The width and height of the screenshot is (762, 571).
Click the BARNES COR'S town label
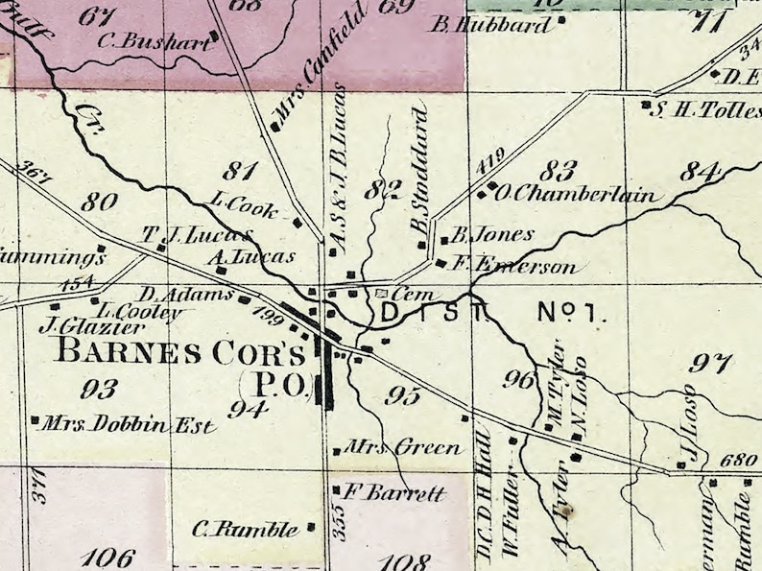(x=181, y=351)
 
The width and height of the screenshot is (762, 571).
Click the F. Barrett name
(x=394, y=494)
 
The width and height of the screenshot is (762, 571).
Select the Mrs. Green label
(x=403, y=448)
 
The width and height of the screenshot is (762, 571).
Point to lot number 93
(x=100, y=389)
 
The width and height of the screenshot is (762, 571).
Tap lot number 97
(x=711, y=363)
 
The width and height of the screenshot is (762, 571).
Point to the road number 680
(x=737, y=461)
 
